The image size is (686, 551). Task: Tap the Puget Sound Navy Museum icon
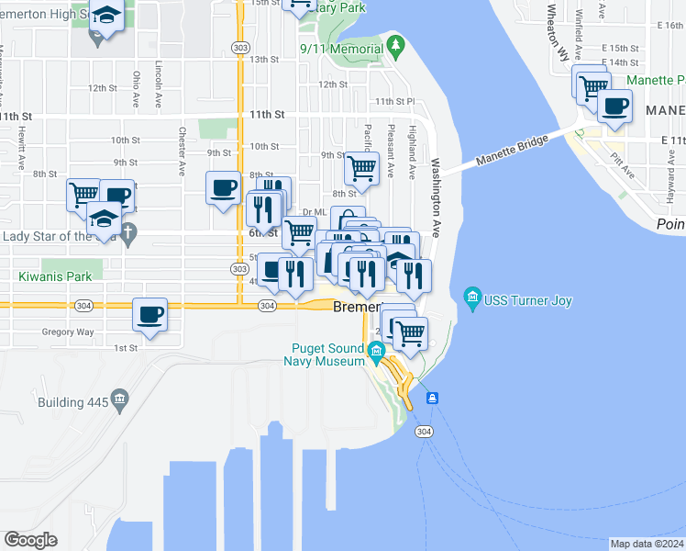[376, 350]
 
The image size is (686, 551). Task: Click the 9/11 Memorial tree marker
[395, 43]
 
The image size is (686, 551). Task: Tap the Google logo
[30, 539]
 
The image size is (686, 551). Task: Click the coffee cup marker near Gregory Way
[149, 314]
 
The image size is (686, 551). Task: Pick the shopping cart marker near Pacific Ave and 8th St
[362, 168]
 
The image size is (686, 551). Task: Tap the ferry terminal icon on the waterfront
[431, 399]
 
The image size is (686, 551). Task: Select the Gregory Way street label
[67, 332]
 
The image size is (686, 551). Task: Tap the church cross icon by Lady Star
[128, 234]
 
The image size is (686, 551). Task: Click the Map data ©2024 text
[647, 544]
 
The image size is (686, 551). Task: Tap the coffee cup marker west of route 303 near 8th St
[223, 188]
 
